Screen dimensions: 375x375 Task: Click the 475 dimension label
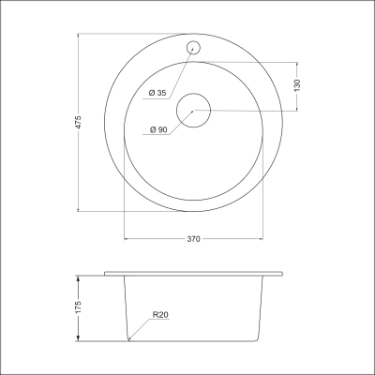(79, 122)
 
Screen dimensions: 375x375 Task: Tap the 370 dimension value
(193, 239)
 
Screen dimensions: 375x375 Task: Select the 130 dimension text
(297, 85)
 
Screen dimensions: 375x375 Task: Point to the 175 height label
(78, 307)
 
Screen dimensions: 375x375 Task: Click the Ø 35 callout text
(157, 93)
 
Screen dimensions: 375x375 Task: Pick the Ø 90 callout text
(158, 129)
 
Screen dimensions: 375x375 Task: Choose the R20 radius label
(160, 315)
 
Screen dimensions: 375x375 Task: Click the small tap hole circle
(187, 48)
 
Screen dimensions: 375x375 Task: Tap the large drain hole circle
(177, 110)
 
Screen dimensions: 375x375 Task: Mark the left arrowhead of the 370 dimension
(127, 239)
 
